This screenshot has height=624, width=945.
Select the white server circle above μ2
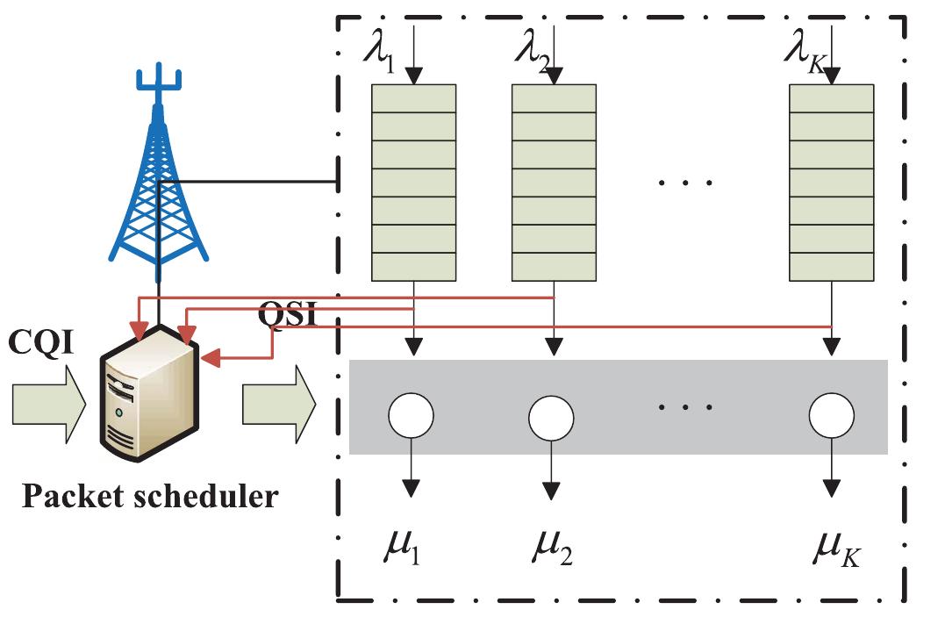pos(551,416)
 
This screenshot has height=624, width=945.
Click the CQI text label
pos(40,343)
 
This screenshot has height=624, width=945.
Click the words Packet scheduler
pos(149,497)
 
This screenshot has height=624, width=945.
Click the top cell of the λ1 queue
pos(414,98)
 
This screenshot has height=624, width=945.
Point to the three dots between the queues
pos(686,183)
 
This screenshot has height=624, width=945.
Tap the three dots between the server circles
pos(686,407)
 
